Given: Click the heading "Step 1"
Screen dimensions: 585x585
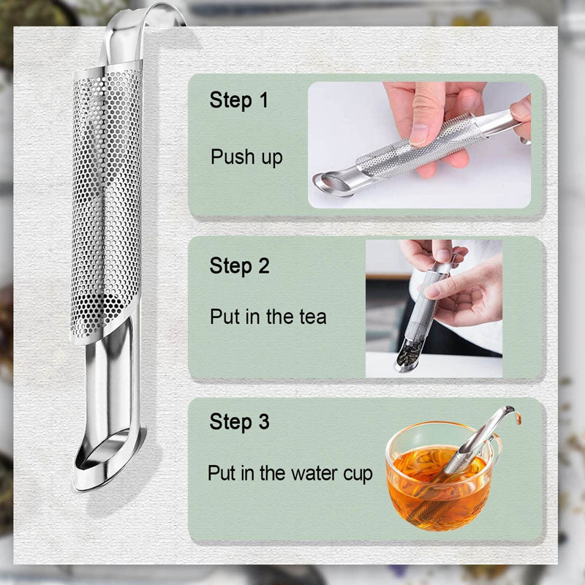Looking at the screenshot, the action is (x=239, y=100).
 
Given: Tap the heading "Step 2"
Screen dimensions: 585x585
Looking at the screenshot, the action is (x=239, y=265).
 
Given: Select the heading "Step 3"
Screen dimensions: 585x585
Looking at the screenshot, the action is (x=239, y=422).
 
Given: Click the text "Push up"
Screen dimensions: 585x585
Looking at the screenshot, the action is (x=246, y=157).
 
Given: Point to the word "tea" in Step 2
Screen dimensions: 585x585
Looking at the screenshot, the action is (x=313, y=317).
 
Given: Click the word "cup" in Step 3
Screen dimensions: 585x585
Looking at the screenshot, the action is (x=358, y=474).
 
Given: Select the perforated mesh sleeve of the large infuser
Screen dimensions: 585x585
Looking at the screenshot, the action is (x=107, y=202).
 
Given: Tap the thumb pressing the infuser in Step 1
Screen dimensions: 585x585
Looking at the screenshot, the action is (x=426, y=112).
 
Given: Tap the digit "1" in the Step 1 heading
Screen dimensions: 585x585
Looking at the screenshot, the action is (x=263, y=100).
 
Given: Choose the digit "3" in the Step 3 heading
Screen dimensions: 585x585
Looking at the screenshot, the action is (x=264, y=422).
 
